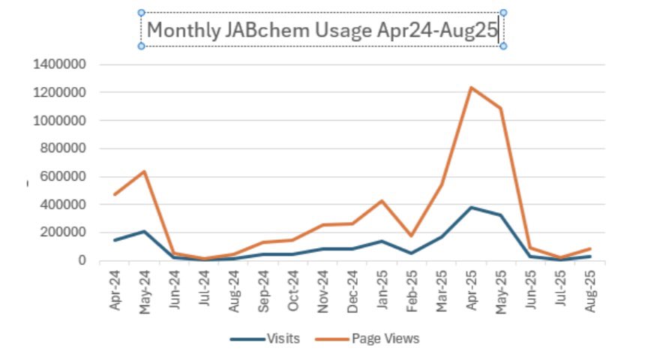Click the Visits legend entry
click(x=283, y=338)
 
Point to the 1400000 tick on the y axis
click(x=61, y=64)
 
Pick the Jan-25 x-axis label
click(x=382, y=288)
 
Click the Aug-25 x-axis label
click(x=590, y=288)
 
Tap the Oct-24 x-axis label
click(x=292, y=288)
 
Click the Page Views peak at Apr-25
click(x=471, y=88)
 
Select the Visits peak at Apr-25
click(x=471, y=207)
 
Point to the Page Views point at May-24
click(x=144, y=172)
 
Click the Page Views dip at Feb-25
click(x=412, y=235)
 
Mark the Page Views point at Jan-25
click(x=382, y=201)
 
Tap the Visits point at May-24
click(x=144, y=231)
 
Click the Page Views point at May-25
click(x=501, y=108)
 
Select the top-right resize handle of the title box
click(x=503, y=13)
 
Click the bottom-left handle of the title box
click(x=141, y=46)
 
